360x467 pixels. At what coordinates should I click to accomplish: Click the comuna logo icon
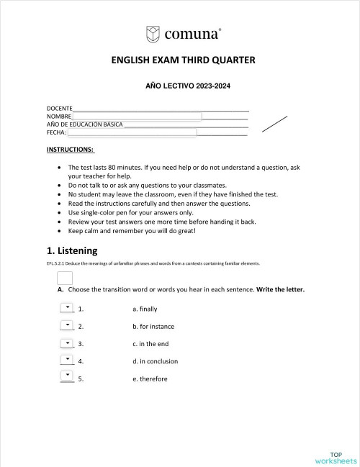pos(153,33)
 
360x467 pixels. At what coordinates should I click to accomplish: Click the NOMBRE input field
pos(136,116)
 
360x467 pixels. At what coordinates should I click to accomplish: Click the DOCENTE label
pos(59,108)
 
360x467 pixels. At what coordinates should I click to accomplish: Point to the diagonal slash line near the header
pos(274,123)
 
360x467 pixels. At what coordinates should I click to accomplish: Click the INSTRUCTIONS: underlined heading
pos(70,150)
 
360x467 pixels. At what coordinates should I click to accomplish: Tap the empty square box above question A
pos(64,278)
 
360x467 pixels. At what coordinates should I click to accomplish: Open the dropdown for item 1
pos(67,307)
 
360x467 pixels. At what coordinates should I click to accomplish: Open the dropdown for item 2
pos(67,325)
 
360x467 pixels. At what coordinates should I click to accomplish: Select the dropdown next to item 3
pos(67,343)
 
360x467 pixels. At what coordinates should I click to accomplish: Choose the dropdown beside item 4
pos(67,360)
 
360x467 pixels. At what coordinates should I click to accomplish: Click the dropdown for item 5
pos(67,377)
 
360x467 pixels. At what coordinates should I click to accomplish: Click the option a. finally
pos(145,309)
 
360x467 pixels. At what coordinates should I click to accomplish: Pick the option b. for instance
pos(153,326)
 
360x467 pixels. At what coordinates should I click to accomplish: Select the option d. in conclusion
pos(155,361)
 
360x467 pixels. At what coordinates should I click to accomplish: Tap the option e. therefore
pos(150,378)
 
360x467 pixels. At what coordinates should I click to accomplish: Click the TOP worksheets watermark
pos(335,458)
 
